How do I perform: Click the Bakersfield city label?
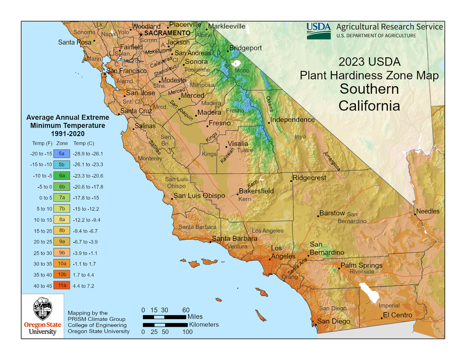256,191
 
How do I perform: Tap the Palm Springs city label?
361,265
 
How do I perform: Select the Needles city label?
428,211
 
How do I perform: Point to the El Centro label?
397,315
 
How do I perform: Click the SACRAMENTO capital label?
167,33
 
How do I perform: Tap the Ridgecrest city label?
309,177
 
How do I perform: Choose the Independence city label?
292,120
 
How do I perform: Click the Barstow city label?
332,213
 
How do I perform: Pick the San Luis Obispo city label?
199,196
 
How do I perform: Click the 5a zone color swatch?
61,154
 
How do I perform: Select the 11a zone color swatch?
61,286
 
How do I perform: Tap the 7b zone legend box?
61,209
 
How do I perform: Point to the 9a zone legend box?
61,242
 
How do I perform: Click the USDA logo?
319,30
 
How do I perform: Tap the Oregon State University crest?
42,309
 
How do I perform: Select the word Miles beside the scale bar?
195,316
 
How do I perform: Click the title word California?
369,106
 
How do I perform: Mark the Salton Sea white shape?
369,293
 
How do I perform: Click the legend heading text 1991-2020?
68,134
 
